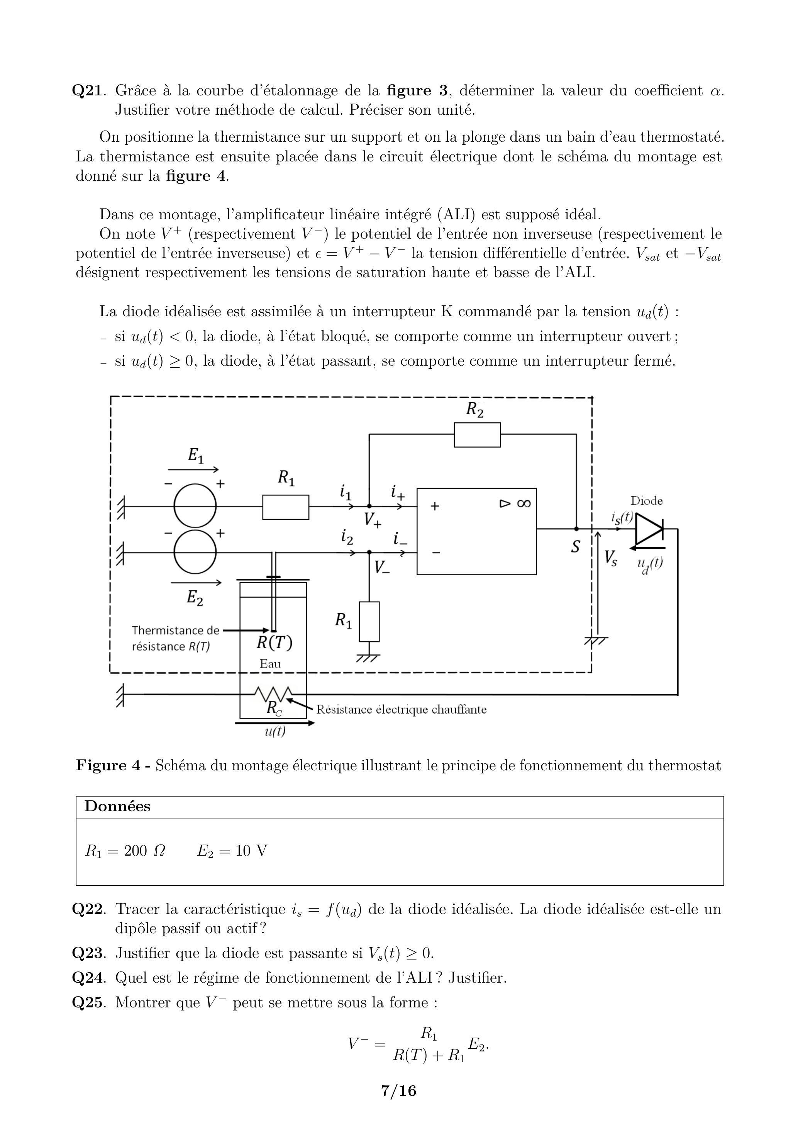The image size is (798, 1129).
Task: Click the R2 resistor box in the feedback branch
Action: click(x=477, y=435)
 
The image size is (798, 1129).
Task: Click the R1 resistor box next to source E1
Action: click(x=286, y=507)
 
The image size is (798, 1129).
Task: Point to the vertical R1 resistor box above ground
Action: click(x=369, y=622)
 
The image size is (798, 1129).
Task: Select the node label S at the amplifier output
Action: click(x=575, y=547)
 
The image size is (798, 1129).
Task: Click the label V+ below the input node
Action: click(x=373, y=520)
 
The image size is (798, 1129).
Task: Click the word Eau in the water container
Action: click(x=270, y=663)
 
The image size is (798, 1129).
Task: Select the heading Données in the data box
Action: click(x=117, y=807)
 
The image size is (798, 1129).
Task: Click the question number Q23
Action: click(x=88, y=953)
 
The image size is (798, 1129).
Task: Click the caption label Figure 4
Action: click(x=108, y=766)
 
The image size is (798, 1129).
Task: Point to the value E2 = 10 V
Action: click(x=232, y=851)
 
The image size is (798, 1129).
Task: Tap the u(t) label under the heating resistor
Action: click(x=275, y=731)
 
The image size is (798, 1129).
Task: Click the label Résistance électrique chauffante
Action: click(x=401, y=710)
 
